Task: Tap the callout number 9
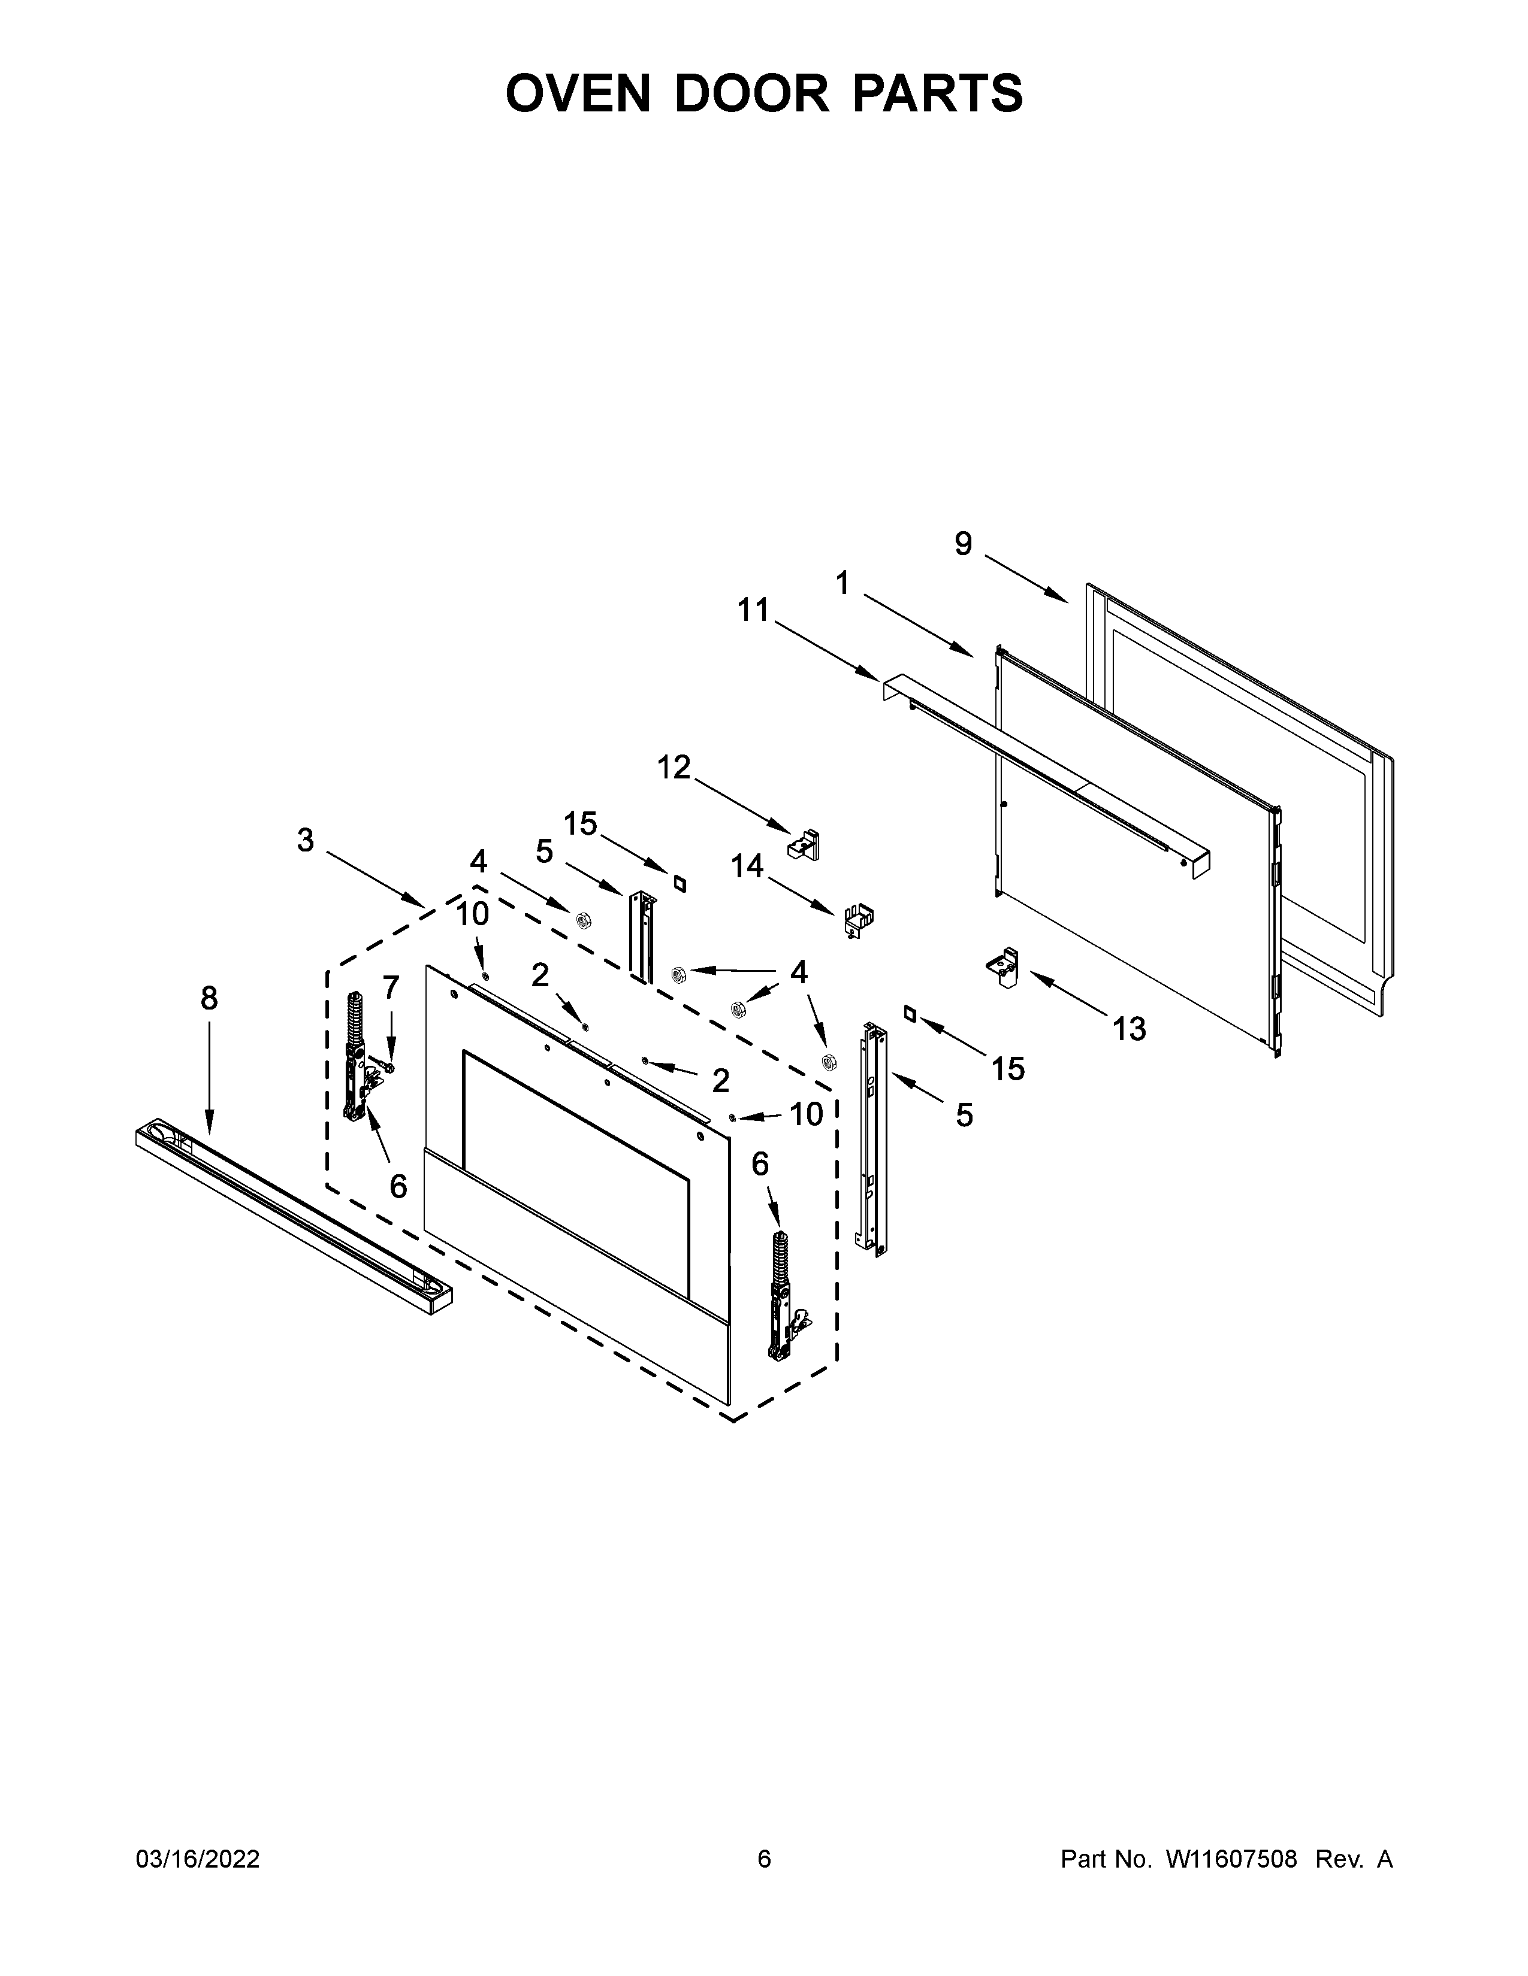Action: (963, 544)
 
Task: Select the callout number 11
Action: (752, 611)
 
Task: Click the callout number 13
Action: (1129, 1029)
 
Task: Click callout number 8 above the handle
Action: (209, 998)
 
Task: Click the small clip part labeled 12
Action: (805, 844)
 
